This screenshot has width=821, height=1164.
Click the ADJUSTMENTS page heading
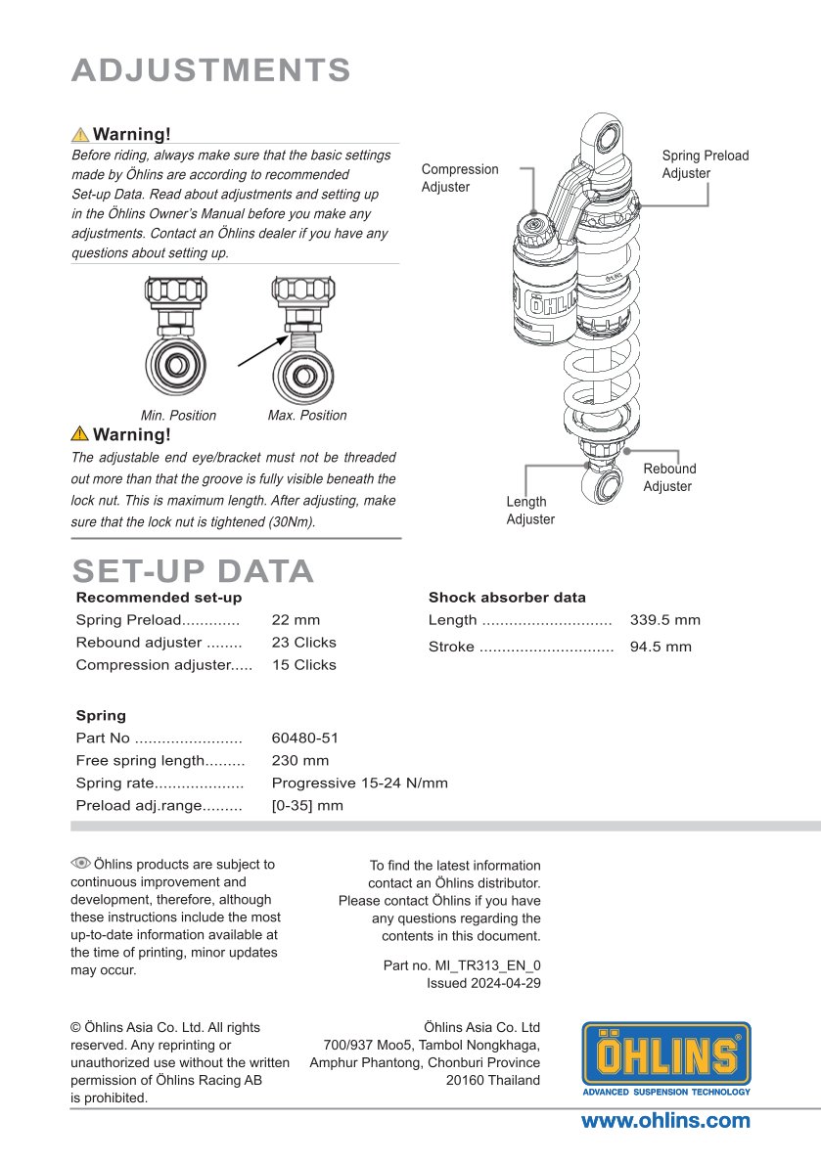[211, 70]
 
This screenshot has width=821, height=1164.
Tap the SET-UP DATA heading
[193, 571]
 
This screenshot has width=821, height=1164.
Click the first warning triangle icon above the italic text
[80, 135]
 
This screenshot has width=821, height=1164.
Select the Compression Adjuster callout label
[460, 178]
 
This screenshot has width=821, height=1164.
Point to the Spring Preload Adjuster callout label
[705, 164]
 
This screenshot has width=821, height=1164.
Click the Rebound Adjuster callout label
[669, 477]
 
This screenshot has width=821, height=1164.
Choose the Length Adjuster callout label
[530, 511]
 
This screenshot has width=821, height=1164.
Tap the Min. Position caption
[178, 416]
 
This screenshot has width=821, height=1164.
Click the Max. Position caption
[307, 416]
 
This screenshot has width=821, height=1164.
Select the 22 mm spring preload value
[296, 620]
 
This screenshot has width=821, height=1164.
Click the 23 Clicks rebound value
[303, 643]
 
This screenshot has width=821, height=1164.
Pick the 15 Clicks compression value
[303, 665]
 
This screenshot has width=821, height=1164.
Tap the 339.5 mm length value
[665, 620]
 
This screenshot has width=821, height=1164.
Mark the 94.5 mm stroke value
[661, 647]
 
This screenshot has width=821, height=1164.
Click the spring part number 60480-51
[305, 739]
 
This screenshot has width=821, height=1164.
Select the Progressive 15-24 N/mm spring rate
[359, 783]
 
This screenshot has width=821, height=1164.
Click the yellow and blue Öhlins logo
[666, 1059]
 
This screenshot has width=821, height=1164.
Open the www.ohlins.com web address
[665, 1121]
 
